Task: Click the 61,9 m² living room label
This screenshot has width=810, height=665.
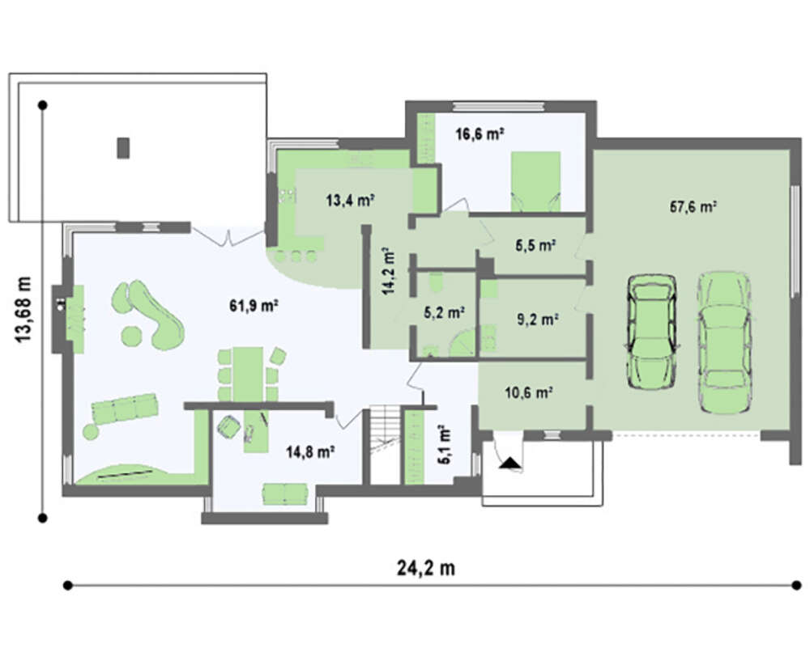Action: [x=254, y=306]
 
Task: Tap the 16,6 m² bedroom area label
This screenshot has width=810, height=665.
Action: [x=480, y=134]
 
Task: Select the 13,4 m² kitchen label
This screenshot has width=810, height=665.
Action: [x=350, y=200]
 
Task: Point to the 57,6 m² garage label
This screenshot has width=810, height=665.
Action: [x=693, y=207]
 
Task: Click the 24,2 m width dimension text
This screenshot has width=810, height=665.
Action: [x=426, y=568]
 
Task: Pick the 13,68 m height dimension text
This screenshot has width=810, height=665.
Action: [x=23, y=310]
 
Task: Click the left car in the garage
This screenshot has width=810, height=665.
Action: [x=651, y=331]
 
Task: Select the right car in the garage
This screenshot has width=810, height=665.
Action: [x=724, y=341]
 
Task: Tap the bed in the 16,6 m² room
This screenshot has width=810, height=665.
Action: [x=535, y=181]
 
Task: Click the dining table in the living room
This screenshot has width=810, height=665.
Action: [x=248, y=374]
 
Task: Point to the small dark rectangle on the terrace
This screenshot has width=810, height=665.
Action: [x=123, y=148]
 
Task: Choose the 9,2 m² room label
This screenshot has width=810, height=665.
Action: [x=537, y=320]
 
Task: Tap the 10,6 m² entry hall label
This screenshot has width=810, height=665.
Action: [x=529, y=393]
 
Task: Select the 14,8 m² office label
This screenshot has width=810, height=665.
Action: [x=310, y=452]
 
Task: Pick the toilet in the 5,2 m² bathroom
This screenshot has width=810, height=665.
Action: [x=437, y=282]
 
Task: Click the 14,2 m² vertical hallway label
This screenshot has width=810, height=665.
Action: [x=389, y=271]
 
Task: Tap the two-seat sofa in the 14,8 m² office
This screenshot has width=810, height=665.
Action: [x=285, y=494]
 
